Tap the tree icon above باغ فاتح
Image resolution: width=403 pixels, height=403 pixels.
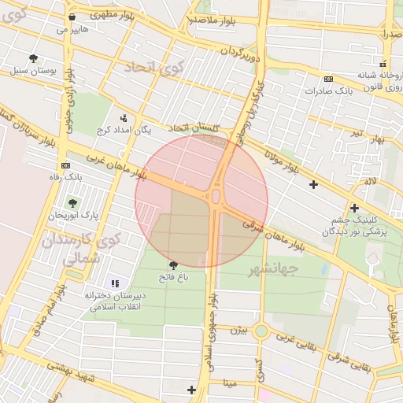[x=173, y=265]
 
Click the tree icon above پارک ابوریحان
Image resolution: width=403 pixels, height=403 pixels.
[x=72, y=203]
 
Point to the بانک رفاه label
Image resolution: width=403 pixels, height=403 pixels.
[x=65, y=177]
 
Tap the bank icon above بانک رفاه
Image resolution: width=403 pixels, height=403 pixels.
[x=65, y=166]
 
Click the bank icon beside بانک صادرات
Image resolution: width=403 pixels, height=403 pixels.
[x=328, y=79]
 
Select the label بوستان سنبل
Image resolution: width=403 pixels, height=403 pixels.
[x=34, y=71]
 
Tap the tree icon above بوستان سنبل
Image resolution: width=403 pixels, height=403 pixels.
[x=33, y=59]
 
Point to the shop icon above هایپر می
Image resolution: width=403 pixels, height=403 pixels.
[x=72, y=17]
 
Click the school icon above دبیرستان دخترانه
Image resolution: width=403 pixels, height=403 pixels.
[x=115, y=283]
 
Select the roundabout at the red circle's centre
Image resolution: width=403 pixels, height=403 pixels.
[x=216, y=195]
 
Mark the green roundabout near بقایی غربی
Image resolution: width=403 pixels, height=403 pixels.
[x=261, y=331]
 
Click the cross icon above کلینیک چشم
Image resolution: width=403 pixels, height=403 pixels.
[x=355, y=208]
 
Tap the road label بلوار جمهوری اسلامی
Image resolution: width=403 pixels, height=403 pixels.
[x=210, y=331]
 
